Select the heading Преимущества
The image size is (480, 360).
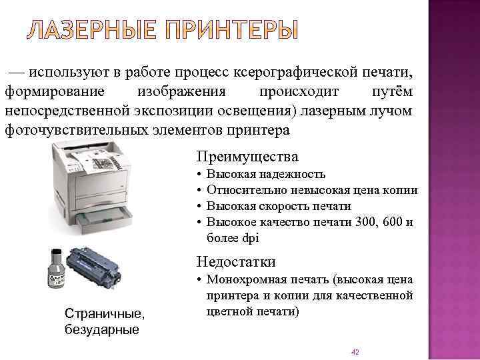click(x=247, y=157)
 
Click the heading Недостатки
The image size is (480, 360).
click(x=236, y=262)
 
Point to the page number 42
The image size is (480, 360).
click(x=355, y=351)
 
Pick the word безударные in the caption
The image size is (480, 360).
click(x=101, y=329)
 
